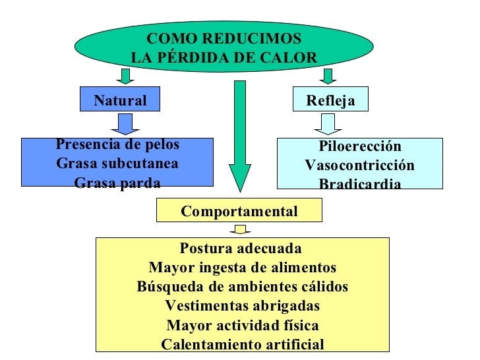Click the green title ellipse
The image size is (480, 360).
click(x=224, y=47)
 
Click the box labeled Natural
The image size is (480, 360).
click(x=119, y=100)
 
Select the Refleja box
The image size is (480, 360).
click(x=330, y=100)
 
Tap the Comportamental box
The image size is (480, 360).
click(x=239, y=211)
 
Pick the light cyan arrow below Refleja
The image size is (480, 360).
click(x=327, y=124)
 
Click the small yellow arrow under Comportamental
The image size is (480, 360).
click(x=240, y=229)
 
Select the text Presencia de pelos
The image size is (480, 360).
click(x=117, y=144)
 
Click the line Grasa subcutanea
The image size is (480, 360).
click(x=117, y=163)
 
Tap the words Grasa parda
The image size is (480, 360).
click(x=117, y=182)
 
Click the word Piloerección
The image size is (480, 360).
click(x=359, y=146)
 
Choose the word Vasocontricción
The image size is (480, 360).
click(x=359, y=165)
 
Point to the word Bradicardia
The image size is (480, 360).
click(x=359, y=184)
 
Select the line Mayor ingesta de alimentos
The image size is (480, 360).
click(x=243, y=268)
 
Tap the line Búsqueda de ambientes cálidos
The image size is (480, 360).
click(x=243, y=287)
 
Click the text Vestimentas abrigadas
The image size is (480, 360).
click(x=243, y=306)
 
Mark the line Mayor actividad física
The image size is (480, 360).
click(x=243, y=325)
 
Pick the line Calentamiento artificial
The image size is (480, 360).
click(x=243, y=344)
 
